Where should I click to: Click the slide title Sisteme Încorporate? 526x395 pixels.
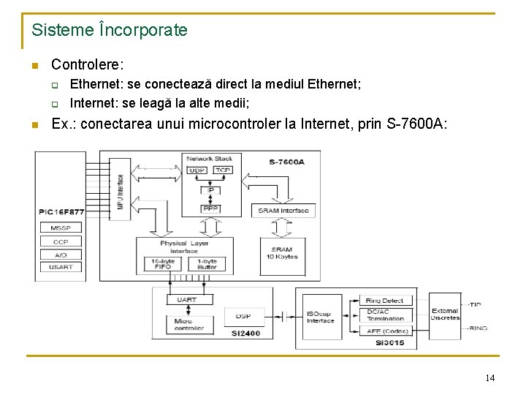pos(110,31)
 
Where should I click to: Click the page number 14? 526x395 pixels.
pos(489,377)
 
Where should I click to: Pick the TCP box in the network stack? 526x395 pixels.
pos(223,170)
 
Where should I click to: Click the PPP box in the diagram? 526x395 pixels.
pos(210,209)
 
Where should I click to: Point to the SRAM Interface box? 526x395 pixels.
pos(283,211)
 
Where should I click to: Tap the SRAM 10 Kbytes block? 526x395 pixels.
pos(281,252)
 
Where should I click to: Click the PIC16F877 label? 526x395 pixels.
pos(62,212)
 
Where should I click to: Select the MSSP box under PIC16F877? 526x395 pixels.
pos(61,228)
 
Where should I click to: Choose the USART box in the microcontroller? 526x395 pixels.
pos(61,267)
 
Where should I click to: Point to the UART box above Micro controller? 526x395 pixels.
pos(180,300)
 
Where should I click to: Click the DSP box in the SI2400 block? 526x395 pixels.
pos(243,316)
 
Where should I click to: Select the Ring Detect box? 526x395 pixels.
pos(385,301)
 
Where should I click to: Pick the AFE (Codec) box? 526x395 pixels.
pos(387,331)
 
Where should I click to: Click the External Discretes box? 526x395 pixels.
pos(445,314)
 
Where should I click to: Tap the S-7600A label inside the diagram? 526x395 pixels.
pos(286,162)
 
